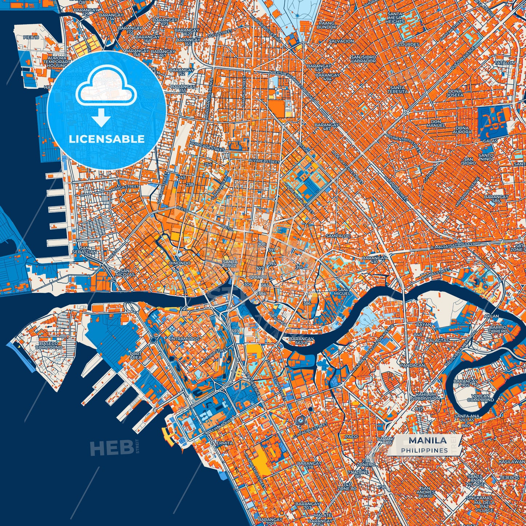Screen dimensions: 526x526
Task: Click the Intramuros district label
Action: [185, 339]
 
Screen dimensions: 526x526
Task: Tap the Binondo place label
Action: [180, 263]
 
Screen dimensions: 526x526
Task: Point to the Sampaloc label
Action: [338, 236]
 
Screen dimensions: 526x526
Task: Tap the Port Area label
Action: [135, 355]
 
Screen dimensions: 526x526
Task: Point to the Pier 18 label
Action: [31, 37]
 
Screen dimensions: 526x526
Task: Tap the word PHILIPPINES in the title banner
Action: [424, 450]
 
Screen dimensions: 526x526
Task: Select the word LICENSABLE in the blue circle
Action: [107, 139]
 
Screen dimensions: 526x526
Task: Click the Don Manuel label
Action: [435, 123]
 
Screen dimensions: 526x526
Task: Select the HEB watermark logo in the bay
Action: [111, 447]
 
